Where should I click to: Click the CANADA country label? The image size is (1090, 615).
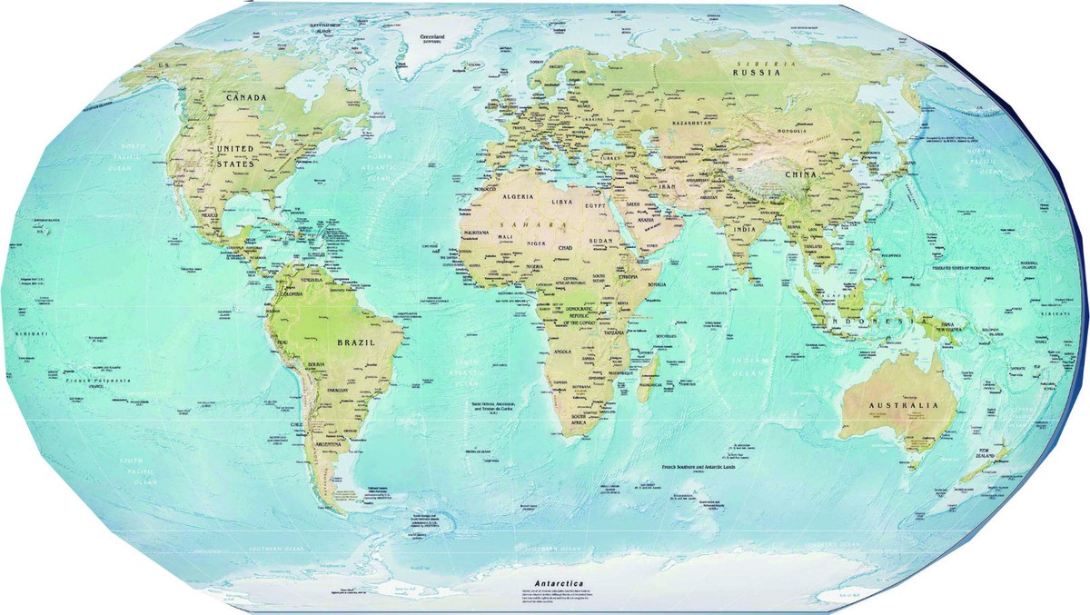click(x=246, y=97)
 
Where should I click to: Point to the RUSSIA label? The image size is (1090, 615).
click(x=758, y=73)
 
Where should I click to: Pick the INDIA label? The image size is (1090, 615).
click(x=745, y=229)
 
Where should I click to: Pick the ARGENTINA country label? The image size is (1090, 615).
click(x=327, y=445)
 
